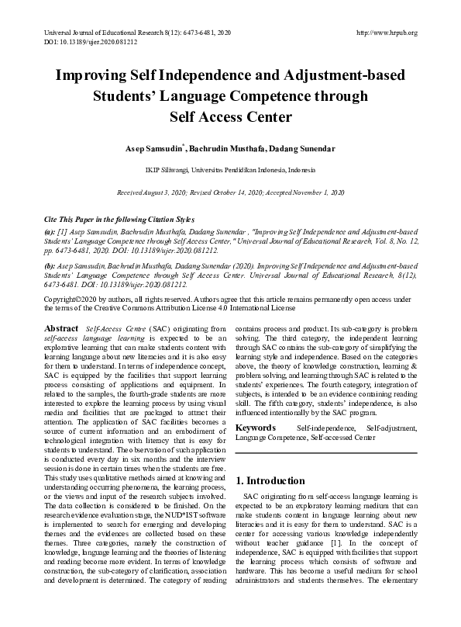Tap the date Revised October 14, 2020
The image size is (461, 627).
[235, 191]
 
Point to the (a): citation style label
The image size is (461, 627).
[49, 231]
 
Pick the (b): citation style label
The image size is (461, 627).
[49, 264]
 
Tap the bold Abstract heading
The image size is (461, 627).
[62, 329]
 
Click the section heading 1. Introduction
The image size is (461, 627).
[271, 481]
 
